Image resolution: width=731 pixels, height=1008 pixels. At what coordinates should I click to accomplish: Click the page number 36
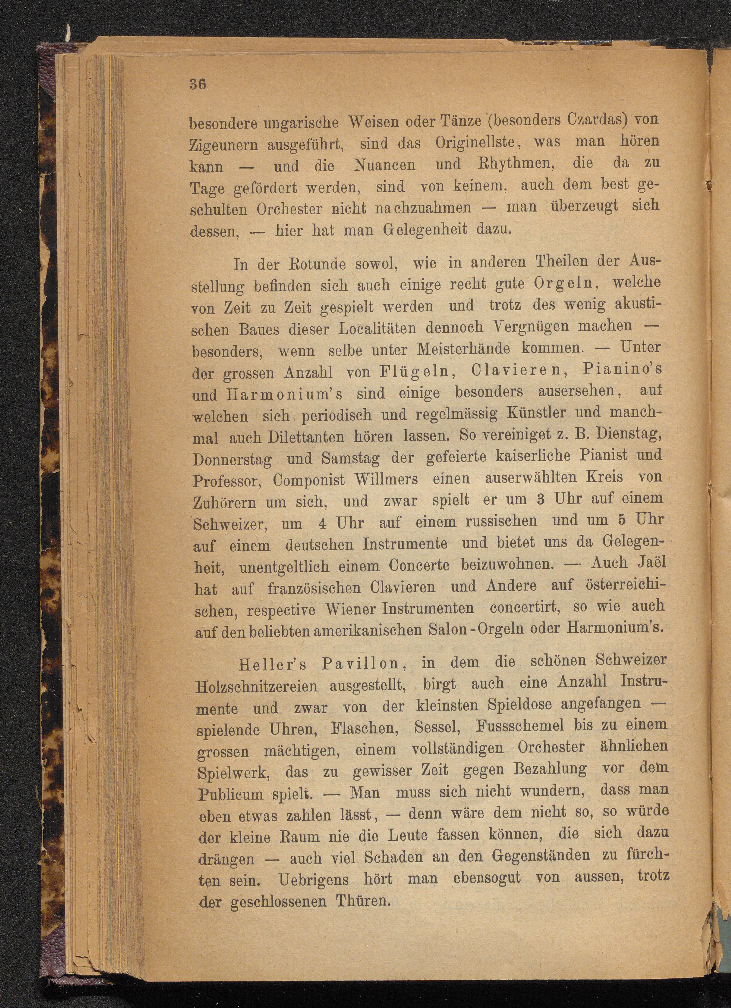(x=198, y=84)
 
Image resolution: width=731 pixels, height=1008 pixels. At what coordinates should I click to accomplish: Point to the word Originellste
(x=475, y=143)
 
